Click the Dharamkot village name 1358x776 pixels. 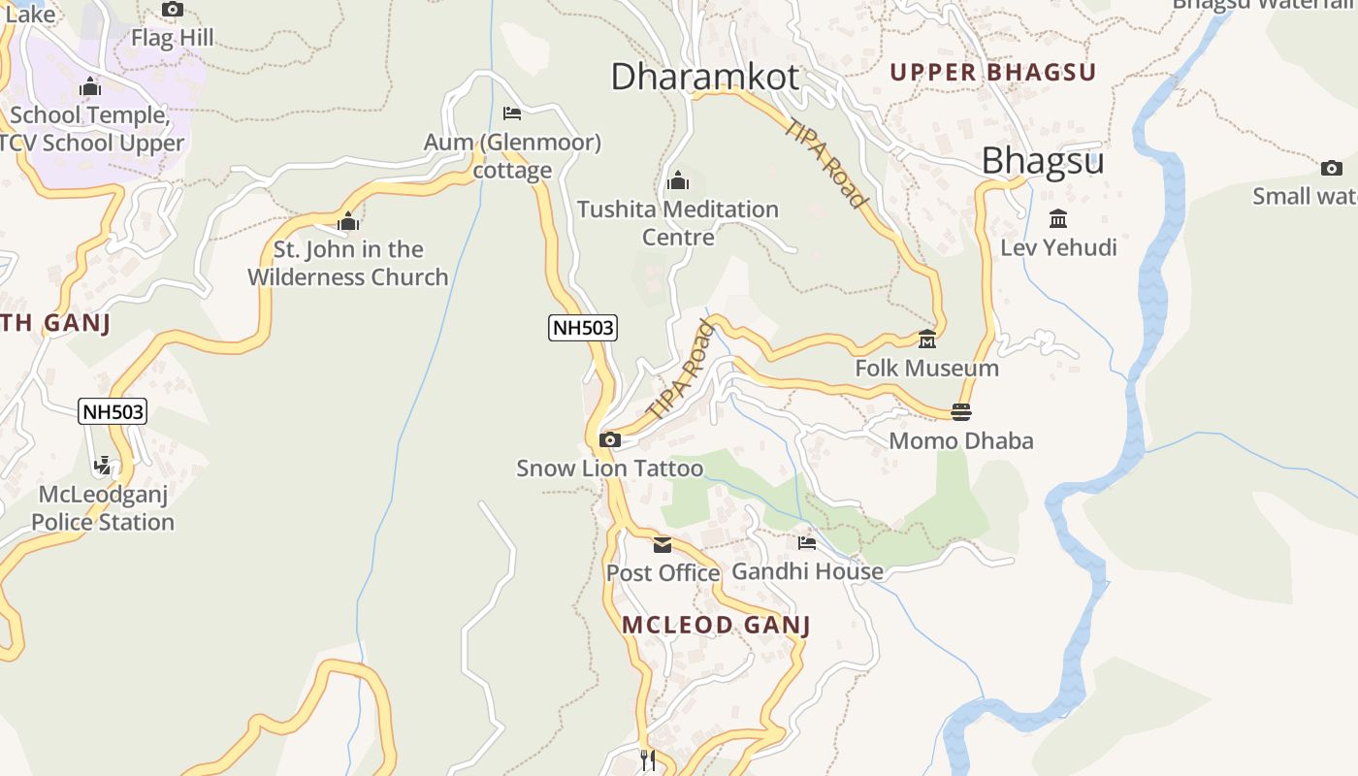point(705,76)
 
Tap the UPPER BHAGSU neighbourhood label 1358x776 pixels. point(992,72)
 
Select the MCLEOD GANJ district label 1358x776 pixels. point(716,625)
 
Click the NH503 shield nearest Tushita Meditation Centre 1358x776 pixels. point(583,328)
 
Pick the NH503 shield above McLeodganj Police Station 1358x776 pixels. point(113,411)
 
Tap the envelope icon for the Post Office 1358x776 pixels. point(663,544)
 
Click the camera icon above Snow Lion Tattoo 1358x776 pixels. point(610,440)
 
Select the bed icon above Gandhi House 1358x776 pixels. point(807,543)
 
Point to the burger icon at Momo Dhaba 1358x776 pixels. point(961,412)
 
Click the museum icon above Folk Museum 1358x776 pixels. point(927,339)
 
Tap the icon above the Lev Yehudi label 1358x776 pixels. point(1058,219)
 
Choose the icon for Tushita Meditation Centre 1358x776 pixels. point(678,180)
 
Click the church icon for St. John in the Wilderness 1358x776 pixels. point(347,221)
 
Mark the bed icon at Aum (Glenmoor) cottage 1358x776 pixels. point(512,114)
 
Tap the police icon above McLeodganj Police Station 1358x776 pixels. point(103,466)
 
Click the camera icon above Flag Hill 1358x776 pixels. point(173,10)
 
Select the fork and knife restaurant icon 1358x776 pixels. point(648,760)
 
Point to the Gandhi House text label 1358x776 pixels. point(807,571)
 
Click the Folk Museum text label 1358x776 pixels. point(926,369)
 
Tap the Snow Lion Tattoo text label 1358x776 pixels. point(609,469)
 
